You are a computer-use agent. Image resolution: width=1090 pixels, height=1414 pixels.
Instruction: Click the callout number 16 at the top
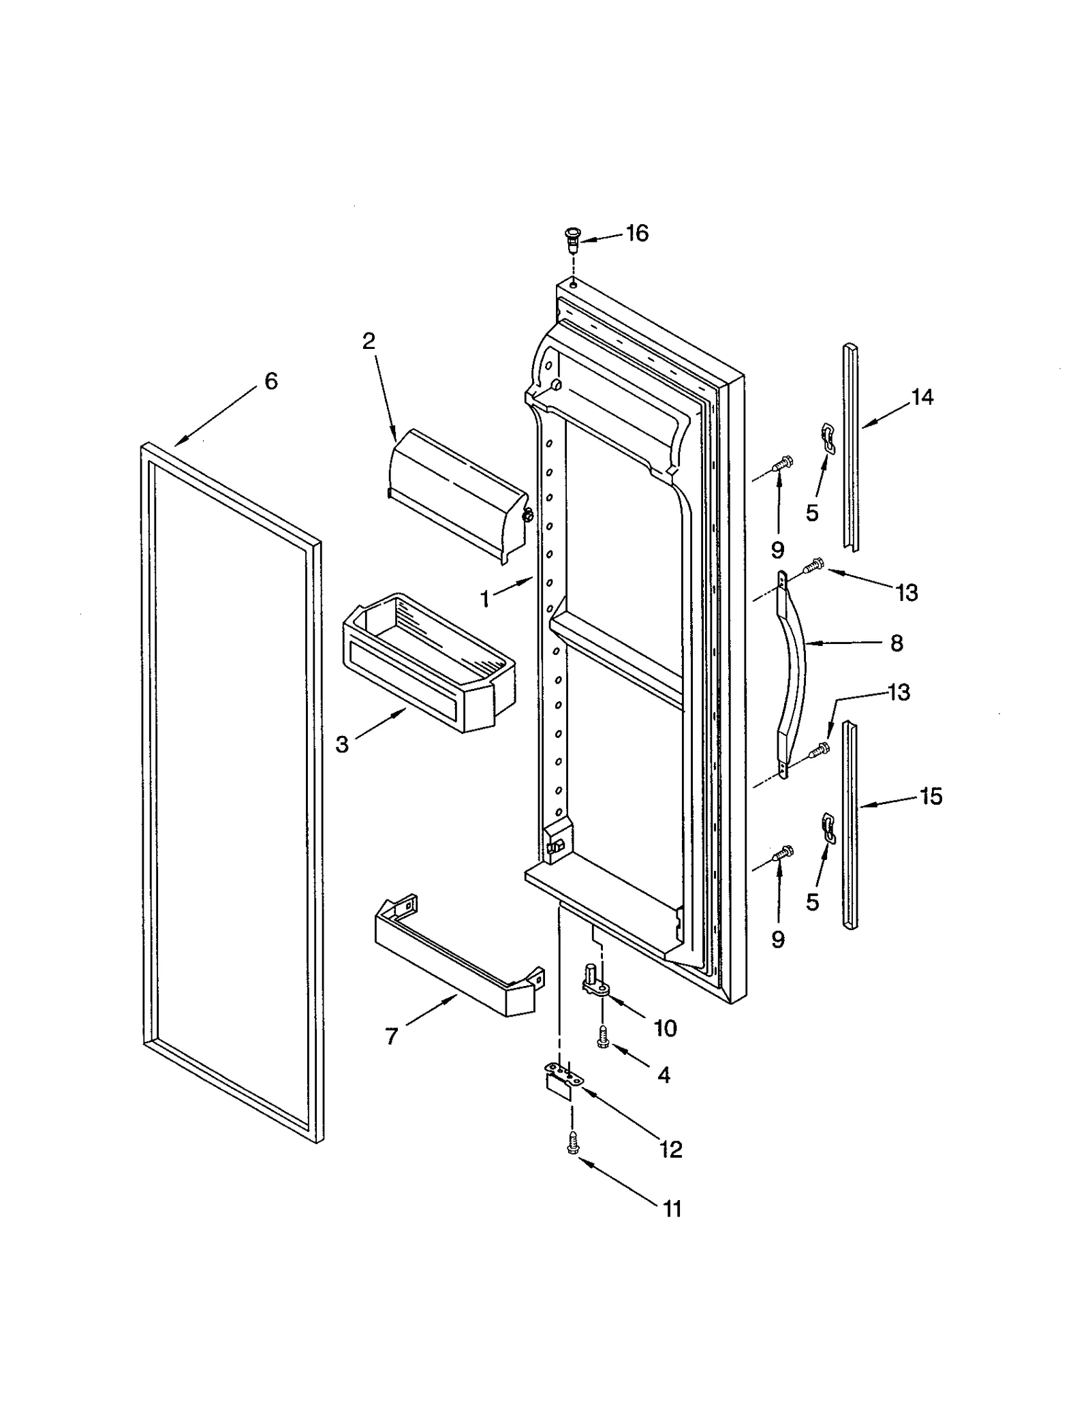pyautogui.click(x=637, y=234)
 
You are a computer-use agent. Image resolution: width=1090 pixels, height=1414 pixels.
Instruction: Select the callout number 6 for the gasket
pyautogui.click(x=271, y=381)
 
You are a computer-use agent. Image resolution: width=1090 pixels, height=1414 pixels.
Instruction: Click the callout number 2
pyautogui.click(x=369, y=341)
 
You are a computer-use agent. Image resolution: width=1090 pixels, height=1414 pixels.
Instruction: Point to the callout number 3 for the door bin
pyautogui.click(x=342, y=745)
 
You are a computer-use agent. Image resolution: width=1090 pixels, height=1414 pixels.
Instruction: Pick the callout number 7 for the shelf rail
pyautogui.click(x=391, y=1036)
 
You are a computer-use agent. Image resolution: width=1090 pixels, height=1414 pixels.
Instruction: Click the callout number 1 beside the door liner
pyautogui.click(x=485, y=599)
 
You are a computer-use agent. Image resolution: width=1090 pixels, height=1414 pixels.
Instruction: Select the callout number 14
pyautogui.click(x=922, y=397)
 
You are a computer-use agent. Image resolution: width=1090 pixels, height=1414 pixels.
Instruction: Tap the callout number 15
pyautogui.click(x=931, y=796)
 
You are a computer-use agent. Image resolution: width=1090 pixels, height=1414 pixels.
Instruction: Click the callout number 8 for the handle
pyautogui.click(x=897, y=643)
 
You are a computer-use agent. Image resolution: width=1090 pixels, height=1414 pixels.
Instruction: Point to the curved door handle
pyautogui.click(x=792, y=675)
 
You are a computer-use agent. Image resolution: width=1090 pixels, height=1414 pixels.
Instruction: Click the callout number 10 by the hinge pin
pyautogui.click(x=665, y=1028)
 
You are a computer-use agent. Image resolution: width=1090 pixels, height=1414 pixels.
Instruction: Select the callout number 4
pyautogui.click(x=664, y=1075)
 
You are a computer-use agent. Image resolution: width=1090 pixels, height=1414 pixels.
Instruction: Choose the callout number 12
pyautogui.click(x=670, y=1150)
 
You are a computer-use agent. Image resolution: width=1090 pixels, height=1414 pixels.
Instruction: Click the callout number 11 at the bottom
pyautogui.click(x=672, y=1209)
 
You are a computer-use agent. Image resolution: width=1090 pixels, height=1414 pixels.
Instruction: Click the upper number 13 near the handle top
pyautogui.click(x=907, y=593)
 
